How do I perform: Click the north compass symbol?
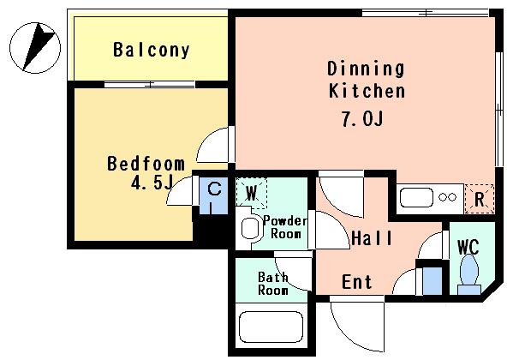pyautogui.click(x=35, y=48)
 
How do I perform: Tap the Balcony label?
pyautogui.click(x=152, y=51)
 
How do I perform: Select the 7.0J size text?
pyautogui.click(x=362, y=119)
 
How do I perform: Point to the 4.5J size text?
pyautogui.click(x=152, y=183)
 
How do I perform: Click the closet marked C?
pyautogui.click(x=214, y=195)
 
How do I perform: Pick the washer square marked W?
pyautogui.click(x=251, y=193)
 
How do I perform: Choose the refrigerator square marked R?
pyautogui.click(x=480, y=199)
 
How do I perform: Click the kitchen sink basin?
pyautogui.click(x=416, y=197)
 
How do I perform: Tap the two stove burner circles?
pyautogui.click(x=448, y=197)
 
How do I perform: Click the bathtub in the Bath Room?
pyautogui.click(x=271, y=327)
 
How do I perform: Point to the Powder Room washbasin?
pyautogui.click(x=252, y=228)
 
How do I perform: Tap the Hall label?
pyautogui.click(x=372, y=238)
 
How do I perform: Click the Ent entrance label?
pyautogui.click(x=356, y=282)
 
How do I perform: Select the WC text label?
pyautogui.click(x=468, y=248)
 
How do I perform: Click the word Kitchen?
pyautogui.click(x=367, y=91)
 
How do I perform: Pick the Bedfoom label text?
pyautogui.click(x=146, y=164)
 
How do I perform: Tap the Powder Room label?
pyautogui.click(x=284, y=227)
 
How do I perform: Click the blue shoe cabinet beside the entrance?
pyautogui.click(x=432, y=281)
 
